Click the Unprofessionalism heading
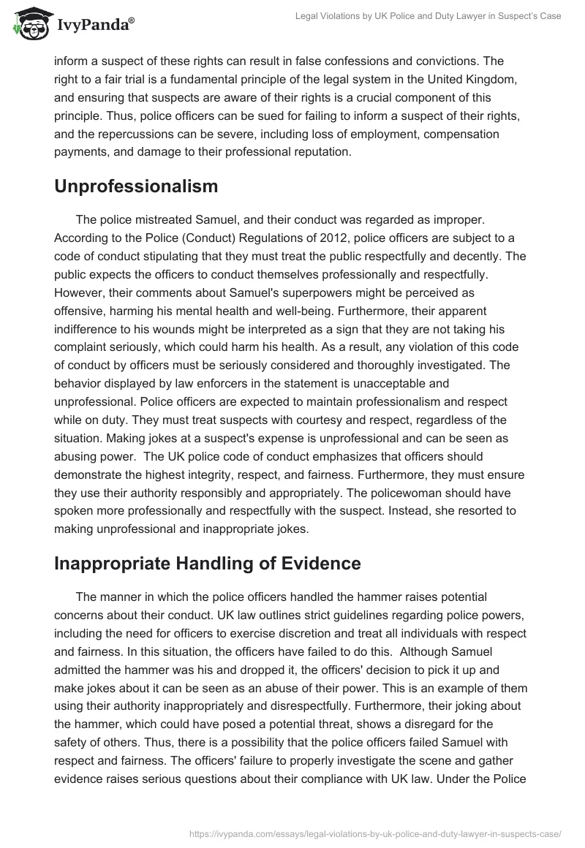tap(136, 186)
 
